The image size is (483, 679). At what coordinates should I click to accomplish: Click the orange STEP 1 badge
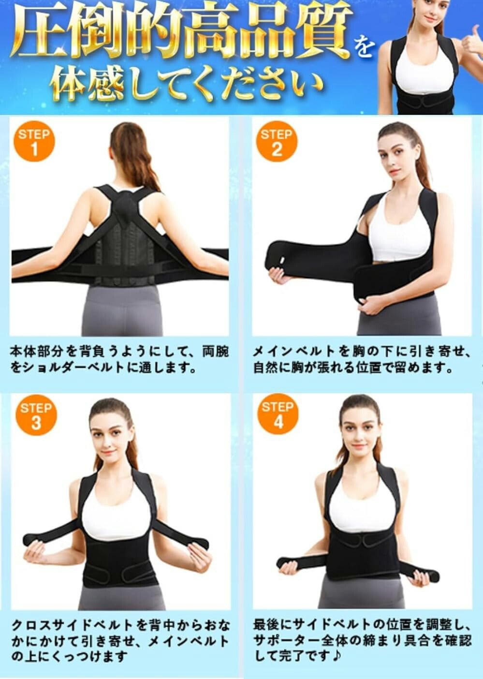(x=34, y=142)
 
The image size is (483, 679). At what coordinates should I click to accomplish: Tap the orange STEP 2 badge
(x=277, y=142)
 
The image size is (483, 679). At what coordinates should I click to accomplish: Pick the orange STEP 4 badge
(x=278, y=413)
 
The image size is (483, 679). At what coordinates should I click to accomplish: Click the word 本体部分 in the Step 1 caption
(x=38, y=352)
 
